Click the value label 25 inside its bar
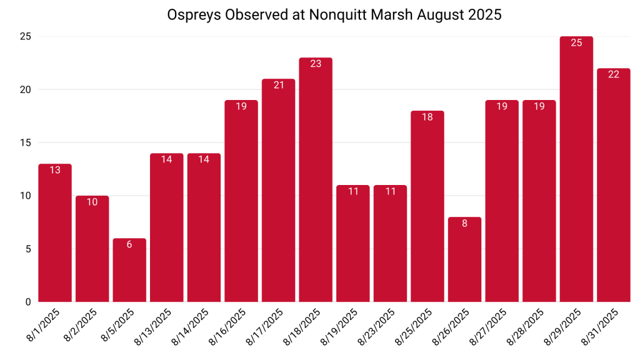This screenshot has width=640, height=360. click(576, 43)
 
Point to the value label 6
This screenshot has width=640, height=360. click(129, 244)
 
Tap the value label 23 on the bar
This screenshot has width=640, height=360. click(316, 64)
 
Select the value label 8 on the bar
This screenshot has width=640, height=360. click(464, 223)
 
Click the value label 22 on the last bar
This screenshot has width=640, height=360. click(614, 74)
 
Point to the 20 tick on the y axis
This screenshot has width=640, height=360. click(25, 89)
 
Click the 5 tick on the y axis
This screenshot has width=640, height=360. click(28, 249)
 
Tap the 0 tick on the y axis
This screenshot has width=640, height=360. click(28, 302)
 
